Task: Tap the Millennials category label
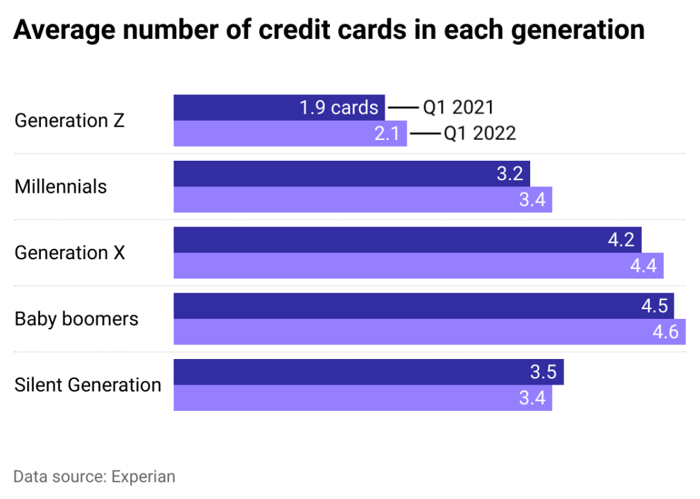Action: [61, 186]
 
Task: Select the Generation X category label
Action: [70, 252]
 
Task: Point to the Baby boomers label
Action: [76, 319]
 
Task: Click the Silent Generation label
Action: [88, 385]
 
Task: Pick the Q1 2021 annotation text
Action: [458, 107]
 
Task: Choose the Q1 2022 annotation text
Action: [480, 133]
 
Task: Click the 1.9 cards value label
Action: [339, 108]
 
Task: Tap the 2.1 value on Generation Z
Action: [387, 133]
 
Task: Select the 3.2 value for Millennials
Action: [509, 174]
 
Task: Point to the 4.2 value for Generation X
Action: [621, 240]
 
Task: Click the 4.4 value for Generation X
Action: [642, 265]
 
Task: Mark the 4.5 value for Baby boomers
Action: [654, 306]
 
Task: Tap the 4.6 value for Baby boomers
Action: [665, 332]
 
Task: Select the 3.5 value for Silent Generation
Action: [543, 372]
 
